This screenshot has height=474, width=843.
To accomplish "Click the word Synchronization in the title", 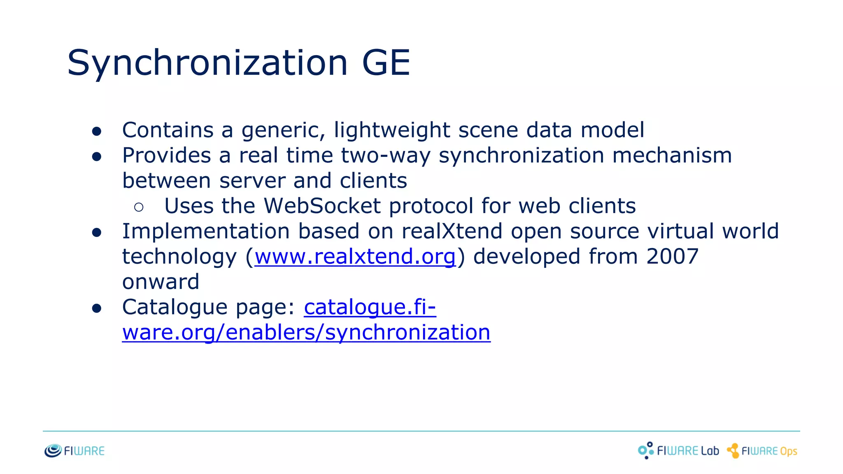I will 207,63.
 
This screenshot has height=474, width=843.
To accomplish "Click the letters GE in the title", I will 386,63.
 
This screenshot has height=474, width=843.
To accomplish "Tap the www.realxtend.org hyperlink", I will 355,256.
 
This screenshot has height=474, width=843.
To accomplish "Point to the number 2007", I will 672,256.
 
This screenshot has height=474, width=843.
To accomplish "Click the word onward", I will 161,282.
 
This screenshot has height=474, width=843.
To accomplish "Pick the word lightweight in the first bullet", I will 392,130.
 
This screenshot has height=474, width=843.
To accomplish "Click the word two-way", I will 386,156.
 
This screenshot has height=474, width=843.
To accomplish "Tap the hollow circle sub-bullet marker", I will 139,207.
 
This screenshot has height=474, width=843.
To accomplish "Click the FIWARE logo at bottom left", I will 75,451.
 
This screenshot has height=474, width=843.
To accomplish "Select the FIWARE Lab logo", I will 678,451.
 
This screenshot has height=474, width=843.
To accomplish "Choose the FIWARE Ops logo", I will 762,451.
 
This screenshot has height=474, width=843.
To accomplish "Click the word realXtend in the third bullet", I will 452,231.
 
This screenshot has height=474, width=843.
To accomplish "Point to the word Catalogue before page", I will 175,307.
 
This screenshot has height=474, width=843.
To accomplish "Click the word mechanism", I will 672,156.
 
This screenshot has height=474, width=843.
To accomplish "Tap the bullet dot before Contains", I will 97,131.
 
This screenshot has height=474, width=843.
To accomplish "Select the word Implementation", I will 206,231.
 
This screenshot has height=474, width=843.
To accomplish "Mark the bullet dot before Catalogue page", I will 97,309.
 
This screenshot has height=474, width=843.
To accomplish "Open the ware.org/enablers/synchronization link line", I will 306,332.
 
